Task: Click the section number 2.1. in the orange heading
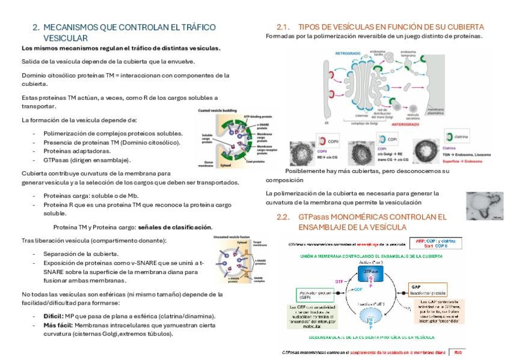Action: pos(283,28)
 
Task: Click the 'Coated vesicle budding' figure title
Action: pos(216,111)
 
